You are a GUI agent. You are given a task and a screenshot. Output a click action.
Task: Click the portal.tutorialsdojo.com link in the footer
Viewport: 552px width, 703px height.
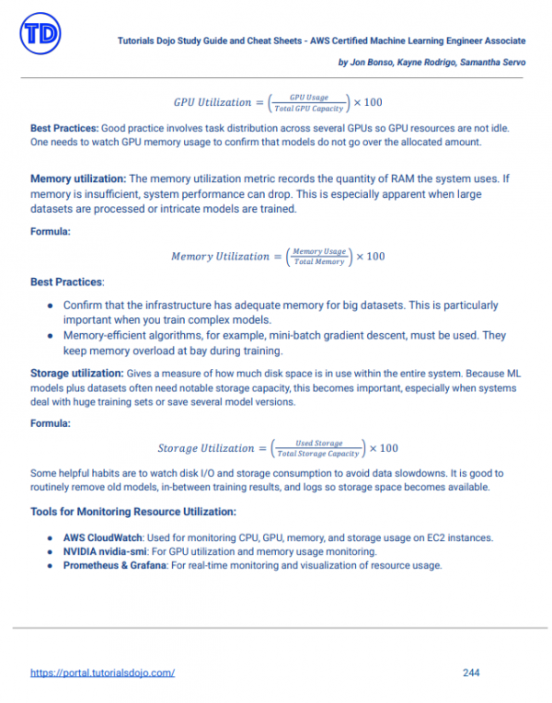click(x=103, y=673)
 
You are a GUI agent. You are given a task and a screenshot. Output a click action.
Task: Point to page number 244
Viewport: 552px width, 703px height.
click(x=470, y=673)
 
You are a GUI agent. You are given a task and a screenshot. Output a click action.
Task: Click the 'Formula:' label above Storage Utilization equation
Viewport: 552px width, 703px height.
click(x=52, y=425)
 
